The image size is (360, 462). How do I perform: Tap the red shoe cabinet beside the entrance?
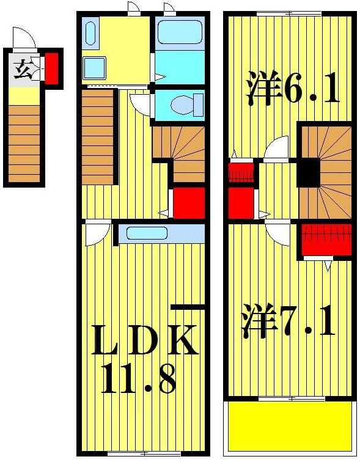[x=52, y=68]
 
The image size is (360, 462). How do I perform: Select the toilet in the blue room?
[x=182, y=105]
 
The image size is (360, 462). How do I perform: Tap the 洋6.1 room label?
[x=292, y=88]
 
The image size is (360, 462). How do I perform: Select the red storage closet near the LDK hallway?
[x=188, y=202]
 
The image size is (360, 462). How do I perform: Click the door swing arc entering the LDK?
[x=97, y=233]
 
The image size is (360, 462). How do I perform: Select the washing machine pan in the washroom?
[x=95, y=67]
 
